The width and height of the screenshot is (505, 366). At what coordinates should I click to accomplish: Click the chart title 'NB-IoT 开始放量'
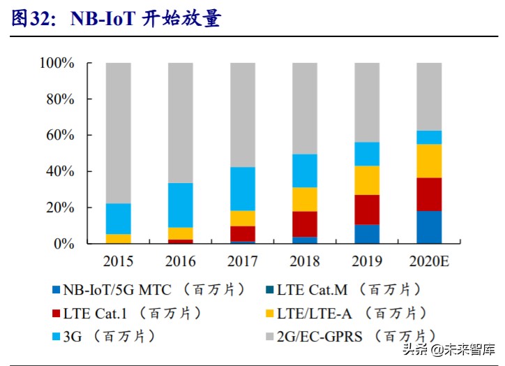coord(146,19)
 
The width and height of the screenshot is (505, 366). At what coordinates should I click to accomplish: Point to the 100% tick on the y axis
coord(57,63)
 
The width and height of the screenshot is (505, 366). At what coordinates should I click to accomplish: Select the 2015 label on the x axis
coord(118,262)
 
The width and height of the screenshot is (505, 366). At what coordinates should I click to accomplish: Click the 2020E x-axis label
coord(429,262)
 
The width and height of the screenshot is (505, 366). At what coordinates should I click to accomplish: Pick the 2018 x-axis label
coord(304,262)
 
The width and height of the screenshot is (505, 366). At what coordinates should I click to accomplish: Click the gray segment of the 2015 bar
coord(118,133)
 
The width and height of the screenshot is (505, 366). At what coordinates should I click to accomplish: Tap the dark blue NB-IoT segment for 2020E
coord(429,227)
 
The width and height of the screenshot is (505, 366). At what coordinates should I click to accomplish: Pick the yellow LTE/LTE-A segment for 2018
coord(305,199)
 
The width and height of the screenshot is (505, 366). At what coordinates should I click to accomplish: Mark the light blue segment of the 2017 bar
coord(242,189)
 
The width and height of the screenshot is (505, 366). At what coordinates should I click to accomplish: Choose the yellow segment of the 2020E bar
coord(429,161)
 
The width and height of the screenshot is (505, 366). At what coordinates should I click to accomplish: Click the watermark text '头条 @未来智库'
coord(446,349)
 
